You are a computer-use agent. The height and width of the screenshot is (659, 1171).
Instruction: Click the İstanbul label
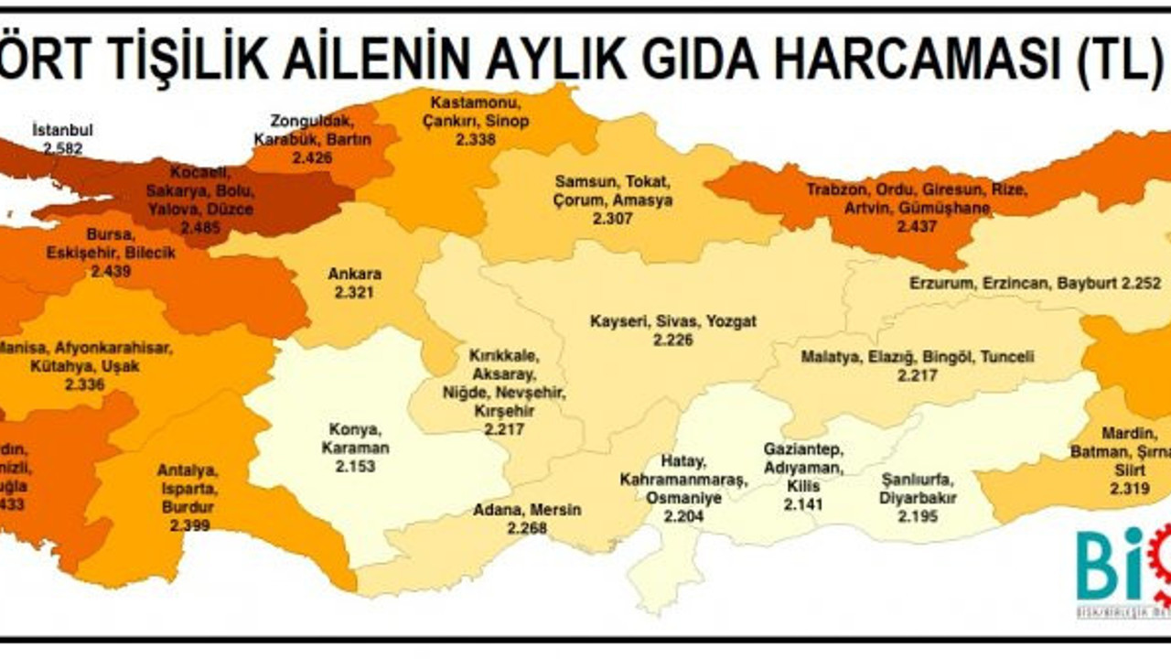[x=62, y=129]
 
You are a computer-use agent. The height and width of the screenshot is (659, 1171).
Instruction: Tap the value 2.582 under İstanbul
[x=62, y=146]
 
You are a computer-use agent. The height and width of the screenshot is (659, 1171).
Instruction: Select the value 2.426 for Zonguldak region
[x=313, y=157]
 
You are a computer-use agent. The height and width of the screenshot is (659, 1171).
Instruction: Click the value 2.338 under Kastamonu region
[x=475, y=139]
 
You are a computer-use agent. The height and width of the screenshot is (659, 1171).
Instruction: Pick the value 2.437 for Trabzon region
[x=917, y=226]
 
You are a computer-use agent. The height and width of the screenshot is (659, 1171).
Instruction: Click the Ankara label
[x=354, y=274]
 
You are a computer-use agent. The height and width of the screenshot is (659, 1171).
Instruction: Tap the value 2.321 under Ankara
[x=354, y=292]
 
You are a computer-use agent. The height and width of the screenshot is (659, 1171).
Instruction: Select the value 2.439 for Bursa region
[x=111, y=271]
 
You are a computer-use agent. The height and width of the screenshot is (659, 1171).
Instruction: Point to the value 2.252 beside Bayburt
[x=1142, y=284]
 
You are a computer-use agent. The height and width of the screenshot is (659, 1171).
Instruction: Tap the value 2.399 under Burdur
[x=189, y=525]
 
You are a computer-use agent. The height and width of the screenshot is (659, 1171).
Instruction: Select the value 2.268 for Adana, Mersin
[x=527, y=528]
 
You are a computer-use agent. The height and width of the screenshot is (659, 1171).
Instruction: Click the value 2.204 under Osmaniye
[x=684, y=515]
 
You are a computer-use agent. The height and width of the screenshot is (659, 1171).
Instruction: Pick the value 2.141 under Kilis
[x=803, y=503]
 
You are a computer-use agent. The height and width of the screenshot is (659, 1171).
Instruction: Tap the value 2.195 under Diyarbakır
[x=918, y=517]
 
